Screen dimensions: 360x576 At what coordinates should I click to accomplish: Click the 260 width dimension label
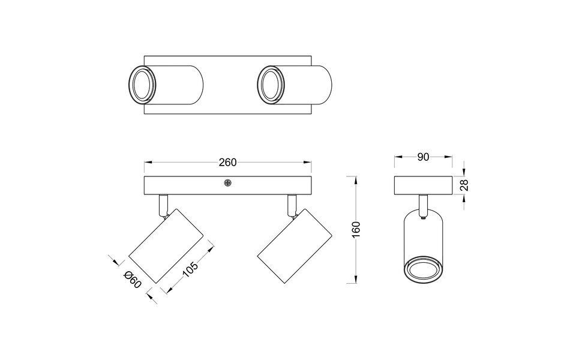(228, 162)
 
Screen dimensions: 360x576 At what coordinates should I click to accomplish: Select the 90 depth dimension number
(422, 157)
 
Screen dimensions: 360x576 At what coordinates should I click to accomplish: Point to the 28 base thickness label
(464, 185)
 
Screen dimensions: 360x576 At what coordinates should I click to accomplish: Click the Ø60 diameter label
(131, 280)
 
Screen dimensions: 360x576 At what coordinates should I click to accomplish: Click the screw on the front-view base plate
(227, 184)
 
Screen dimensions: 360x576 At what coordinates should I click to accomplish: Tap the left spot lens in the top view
(143, 85)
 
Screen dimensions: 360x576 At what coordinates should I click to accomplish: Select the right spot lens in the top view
(270, 85)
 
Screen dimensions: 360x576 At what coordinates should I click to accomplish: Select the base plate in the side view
(422, 185)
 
